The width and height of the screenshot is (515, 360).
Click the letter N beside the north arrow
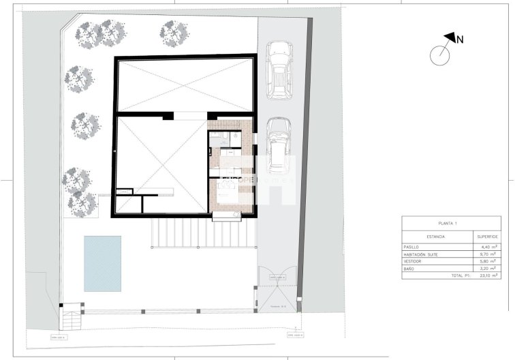point(460,40)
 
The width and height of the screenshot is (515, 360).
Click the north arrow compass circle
point(441,52)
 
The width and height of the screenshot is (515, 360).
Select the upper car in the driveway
point(279,70)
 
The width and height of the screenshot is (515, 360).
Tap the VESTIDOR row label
point(414,262)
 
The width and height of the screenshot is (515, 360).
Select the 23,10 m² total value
point(487,276)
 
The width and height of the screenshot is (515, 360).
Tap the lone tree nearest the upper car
point(174,31)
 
